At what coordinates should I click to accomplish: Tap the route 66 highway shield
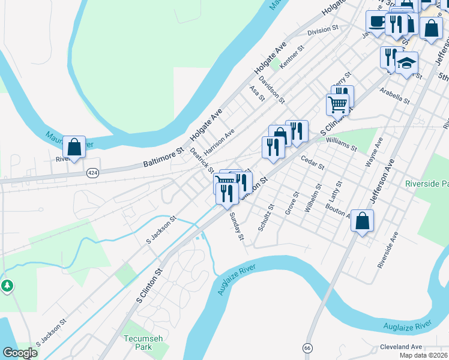pyautogui.click(x=307, y=348)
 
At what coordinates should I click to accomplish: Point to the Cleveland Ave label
pyautogui.click(x=401, y=347)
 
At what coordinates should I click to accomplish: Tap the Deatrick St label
pyautogui.click(x=202, y=160)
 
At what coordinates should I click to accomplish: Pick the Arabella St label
pyautogui.click(x=394, y=95)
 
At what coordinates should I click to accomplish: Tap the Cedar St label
pyautogui.click(x=312, y=162)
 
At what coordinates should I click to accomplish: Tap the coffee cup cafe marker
pyautogui.click(x=376, y=22)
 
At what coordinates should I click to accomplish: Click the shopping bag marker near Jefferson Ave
pyautogui.click(x=363, y=221)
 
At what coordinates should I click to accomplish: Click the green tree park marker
pyautogui.click(x=7, y=286)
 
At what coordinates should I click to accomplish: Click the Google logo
pyautogui.click(x=20, y=353)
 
